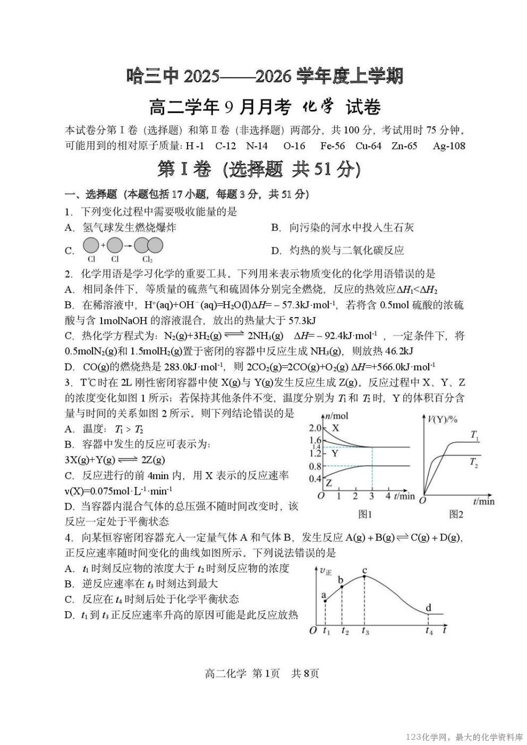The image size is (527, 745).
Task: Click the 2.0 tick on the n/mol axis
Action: coord(314,428)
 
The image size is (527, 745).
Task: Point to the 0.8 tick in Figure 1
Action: coord(314,466)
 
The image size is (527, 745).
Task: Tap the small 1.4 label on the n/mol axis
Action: coord(316,447)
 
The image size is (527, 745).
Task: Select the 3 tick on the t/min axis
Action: coord(371,496)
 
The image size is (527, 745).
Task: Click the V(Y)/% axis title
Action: coord(443,419)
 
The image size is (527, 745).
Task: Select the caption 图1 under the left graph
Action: coord(364,514)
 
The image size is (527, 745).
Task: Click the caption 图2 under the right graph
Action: coord(456,514)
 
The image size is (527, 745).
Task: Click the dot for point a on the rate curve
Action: coord(326,601)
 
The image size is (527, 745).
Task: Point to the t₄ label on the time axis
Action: coord(429,631)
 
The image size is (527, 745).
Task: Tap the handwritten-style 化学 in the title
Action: coord(318,107)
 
